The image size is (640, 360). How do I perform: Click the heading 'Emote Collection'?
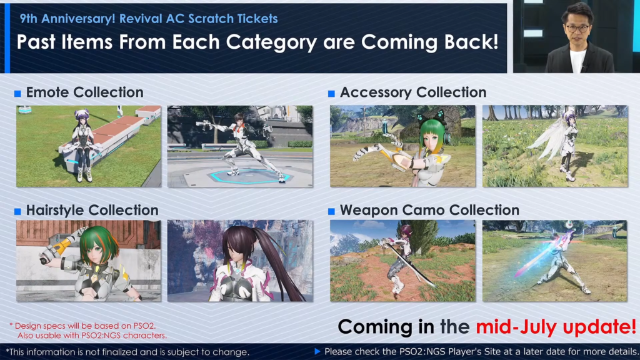[84, 92]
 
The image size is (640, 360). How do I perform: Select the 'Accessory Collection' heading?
[412, 92]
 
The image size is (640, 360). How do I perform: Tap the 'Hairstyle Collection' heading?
[92, 210]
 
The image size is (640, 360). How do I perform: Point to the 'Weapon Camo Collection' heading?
[429, 210]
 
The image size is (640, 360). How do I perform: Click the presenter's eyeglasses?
[577, 28]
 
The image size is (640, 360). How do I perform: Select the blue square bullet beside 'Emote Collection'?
[17, 94]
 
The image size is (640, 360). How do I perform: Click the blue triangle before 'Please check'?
[317, 352]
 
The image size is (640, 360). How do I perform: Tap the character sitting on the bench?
[82, 144]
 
